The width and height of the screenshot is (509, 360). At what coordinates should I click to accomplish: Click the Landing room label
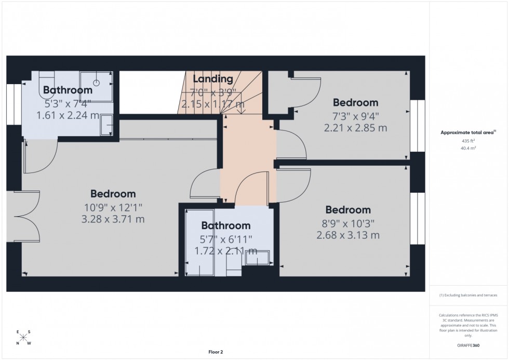tap(213, 79)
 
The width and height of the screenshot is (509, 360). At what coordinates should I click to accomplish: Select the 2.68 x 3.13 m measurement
tap(348, 235)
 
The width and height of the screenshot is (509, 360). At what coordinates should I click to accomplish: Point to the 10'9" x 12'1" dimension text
tap(113, 207)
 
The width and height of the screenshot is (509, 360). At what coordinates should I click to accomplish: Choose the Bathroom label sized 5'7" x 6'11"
tap(226, 226)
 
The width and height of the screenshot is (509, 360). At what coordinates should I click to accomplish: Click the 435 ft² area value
tap(468, 141)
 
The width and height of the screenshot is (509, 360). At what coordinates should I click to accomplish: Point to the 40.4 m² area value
tap(468, 148)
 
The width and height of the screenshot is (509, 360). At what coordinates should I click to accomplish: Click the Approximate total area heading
tap(468, 132)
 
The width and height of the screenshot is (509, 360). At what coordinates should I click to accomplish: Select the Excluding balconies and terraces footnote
tap(468, 295)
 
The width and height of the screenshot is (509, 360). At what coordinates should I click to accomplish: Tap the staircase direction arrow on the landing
tap(239, 106)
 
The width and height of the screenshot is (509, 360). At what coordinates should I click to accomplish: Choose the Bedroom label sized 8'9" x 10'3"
tap(348, 210)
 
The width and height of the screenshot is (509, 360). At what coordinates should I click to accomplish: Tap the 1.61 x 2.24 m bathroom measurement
tap(68, 115)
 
